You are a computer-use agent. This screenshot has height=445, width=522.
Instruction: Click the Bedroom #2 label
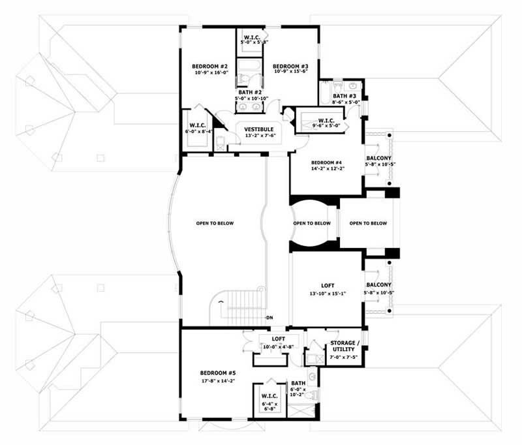tap(209, 67)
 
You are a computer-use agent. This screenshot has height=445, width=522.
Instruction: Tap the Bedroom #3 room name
tap(290, 67)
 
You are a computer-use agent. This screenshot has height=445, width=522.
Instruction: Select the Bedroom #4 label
tap(326, 162)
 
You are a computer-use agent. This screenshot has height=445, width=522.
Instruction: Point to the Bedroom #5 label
tap(217, 373)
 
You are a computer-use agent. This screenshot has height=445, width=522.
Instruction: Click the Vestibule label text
tap(259, 129)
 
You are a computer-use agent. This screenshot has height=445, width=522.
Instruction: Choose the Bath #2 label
tap(249, 93)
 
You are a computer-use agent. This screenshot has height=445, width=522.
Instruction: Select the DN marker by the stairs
tap(269, 318)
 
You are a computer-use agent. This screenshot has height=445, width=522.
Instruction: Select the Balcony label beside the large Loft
tap(378, 285)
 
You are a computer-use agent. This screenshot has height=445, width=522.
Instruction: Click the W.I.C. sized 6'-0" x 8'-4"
tap(198, 125)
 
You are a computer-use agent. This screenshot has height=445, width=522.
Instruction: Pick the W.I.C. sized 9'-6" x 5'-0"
tap(327, 120)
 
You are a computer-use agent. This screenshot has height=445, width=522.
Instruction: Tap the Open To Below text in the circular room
tap(312, 223)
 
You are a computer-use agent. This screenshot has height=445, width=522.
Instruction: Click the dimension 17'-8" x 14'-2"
tap(217, 380)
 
